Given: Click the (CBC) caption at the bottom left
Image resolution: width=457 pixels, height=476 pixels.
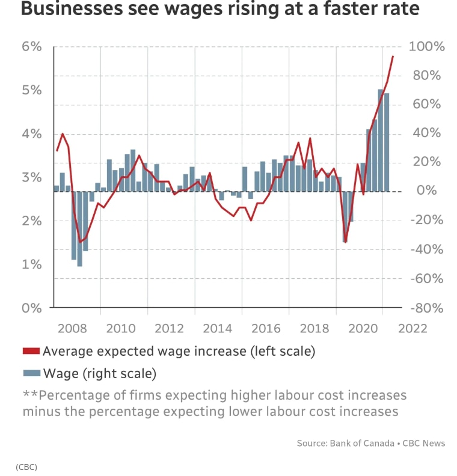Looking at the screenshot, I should coord(26,466).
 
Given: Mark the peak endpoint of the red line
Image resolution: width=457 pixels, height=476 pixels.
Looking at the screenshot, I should coord(393,56).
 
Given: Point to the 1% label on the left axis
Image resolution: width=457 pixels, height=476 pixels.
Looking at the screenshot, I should coord(33,265).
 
